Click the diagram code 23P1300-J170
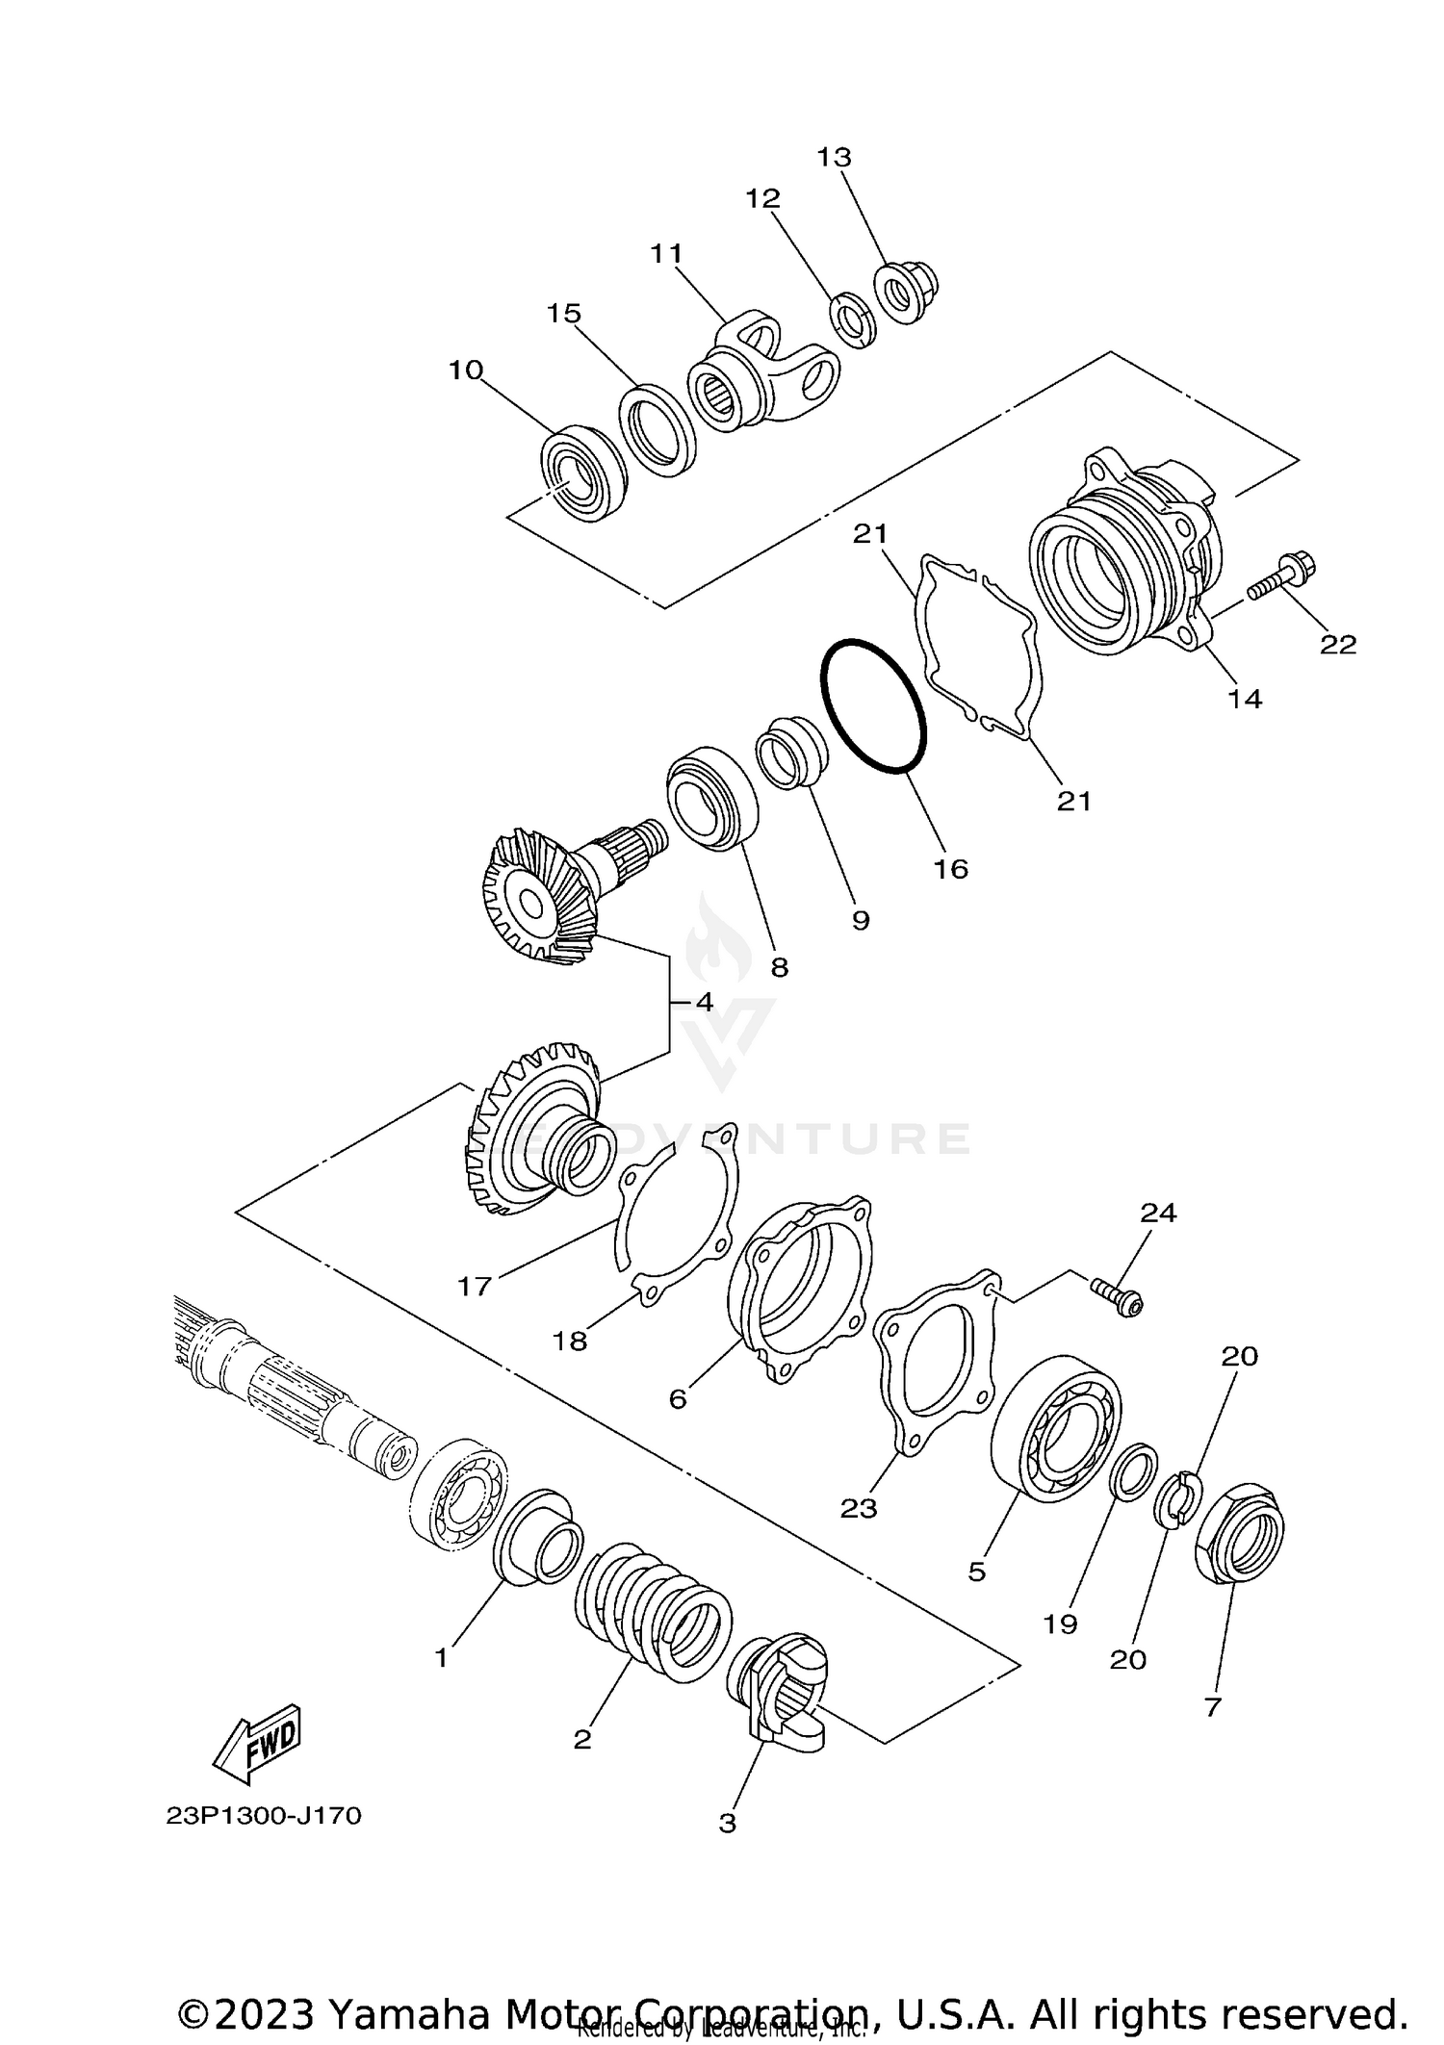(264, 1816)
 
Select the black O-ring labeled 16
(874, 706)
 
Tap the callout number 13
(835, 157)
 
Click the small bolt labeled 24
(1118, 1295)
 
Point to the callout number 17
(475, 1286)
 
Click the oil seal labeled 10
(583, 473)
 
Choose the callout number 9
(861, 921)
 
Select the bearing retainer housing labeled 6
(804, 1290)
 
